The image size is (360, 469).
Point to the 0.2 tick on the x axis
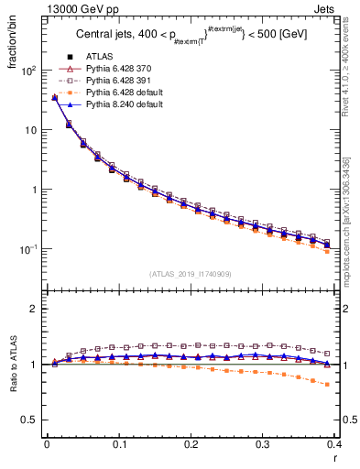(191, 444)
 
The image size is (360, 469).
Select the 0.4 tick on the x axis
(335, 444)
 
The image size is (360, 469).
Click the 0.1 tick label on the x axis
(118, 444)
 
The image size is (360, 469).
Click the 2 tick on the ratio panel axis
(33, 309)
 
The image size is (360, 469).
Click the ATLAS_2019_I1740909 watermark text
(191, 274)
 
